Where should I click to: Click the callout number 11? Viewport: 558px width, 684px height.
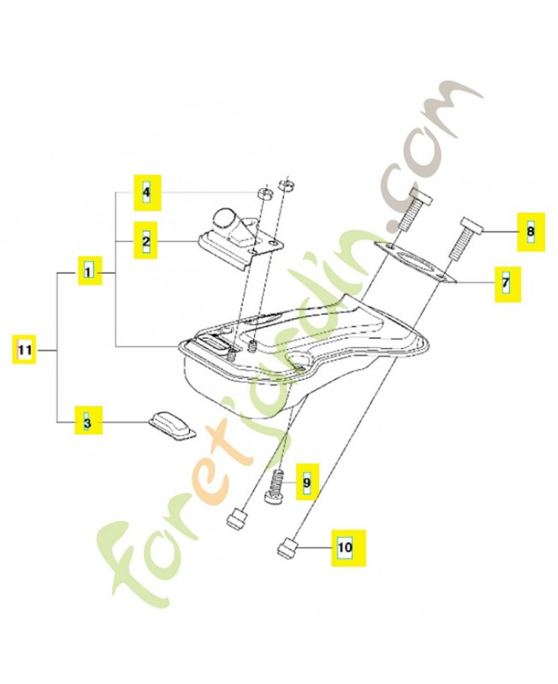(24, 350)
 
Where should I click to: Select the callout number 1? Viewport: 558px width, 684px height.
(90, 271)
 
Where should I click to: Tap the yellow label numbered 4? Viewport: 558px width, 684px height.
(147, 192)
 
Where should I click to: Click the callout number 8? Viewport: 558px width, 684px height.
(531, 232)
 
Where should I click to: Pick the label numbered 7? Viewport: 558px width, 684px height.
(508, 285)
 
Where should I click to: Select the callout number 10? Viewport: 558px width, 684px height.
(347, 548)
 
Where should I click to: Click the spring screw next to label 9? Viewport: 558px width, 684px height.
(275, 487)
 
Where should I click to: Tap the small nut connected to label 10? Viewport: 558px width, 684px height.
(288, 548)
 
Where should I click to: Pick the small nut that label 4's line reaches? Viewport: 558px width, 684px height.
(264, 193)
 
